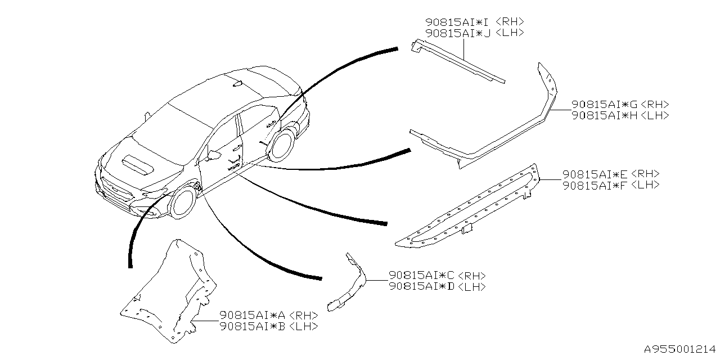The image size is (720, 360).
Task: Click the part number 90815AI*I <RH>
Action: (475, 22)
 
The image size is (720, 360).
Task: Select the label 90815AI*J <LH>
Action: (475, 33)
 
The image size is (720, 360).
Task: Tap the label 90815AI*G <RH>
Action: (620, 105)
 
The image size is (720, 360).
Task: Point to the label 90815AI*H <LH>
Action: (620, 115)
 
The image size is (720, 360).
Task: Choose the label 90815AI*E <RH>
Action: (611, 174)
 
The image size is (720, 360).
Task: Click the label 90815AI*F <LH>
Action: (611, 185)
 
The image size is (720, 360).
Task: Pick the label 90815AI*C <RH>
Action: (437, 276)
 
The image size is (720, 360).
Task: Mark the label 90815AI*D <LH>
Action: (437, 286)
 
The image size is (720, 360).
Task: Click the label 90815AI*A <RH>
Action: (268, 316)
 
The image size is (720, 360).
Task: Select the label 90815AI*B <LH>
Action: (268, 326)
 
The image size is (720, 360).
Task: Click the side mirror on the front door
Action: (213, 154)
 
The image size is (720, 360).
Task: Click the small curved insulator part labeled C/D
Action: (352, 281)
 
